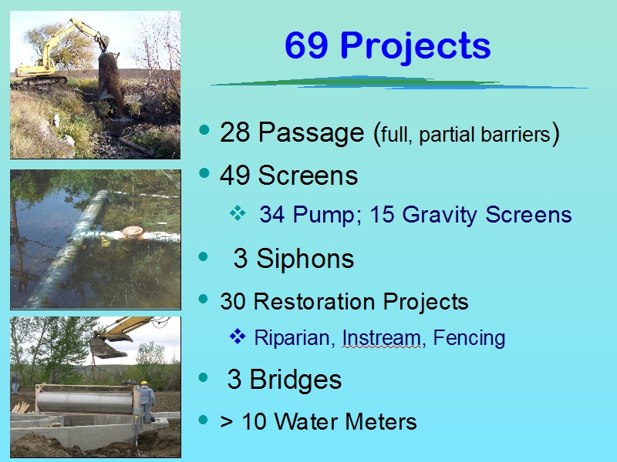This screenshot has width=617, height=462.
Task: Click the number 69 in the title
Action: tap(305, 45)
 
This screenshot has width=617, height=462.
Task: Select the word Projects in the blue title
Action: tap(416, 48)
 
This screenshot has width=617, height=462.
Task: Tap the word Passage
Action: tap(312, 133)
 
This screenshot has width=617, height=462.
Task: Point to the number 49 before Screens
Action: tap(235, 176)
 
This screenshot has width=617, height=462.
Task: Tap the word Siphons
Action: tap(305, 259)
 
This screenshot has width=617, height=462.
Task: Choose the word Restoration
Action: tap(315, 302)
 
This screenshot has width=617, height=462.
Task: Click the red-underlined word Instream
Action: tap(382, 338)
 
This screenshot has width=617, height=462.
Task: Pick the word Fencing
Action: tap(469, 338)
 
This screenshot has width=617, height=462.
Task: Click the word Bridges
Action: tap(296, 380)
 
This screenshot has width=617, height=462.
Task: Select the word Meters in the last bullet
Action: tap(381, 422)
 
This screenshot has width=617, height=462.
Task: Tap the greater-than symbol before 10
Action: tap(227, 423)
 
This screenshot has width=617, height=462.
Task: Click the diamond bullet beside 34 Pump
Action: tap(238, 214)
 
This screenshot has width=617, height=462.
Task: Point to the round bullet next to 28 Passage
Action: tap(204, 129)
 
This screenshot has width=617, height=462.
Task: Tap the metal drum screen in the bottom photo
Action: tap(85, 402)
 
